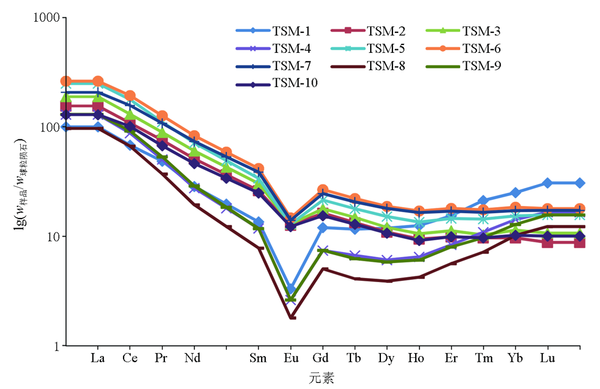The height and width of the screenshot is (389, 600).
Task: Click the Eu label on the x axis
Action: [x=291, y=358]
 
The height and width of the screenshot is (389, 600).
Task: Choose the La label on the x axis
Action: [x=98, y=358]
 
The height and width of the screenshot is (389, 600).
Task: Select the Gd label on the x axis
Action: [x=323, y=358]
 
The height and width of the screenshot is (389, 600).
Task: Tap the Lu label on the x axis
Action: [x=547, y=358]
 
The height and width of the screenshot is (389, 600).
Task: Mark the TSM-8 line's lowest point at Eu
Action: [x=292, y=317]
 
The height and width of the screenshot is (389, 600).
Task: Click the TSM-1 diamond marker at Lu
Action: [x=547, y=182]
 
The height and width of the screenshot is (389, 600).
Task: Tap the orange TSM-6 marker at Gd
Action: [x=323, y=190]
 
